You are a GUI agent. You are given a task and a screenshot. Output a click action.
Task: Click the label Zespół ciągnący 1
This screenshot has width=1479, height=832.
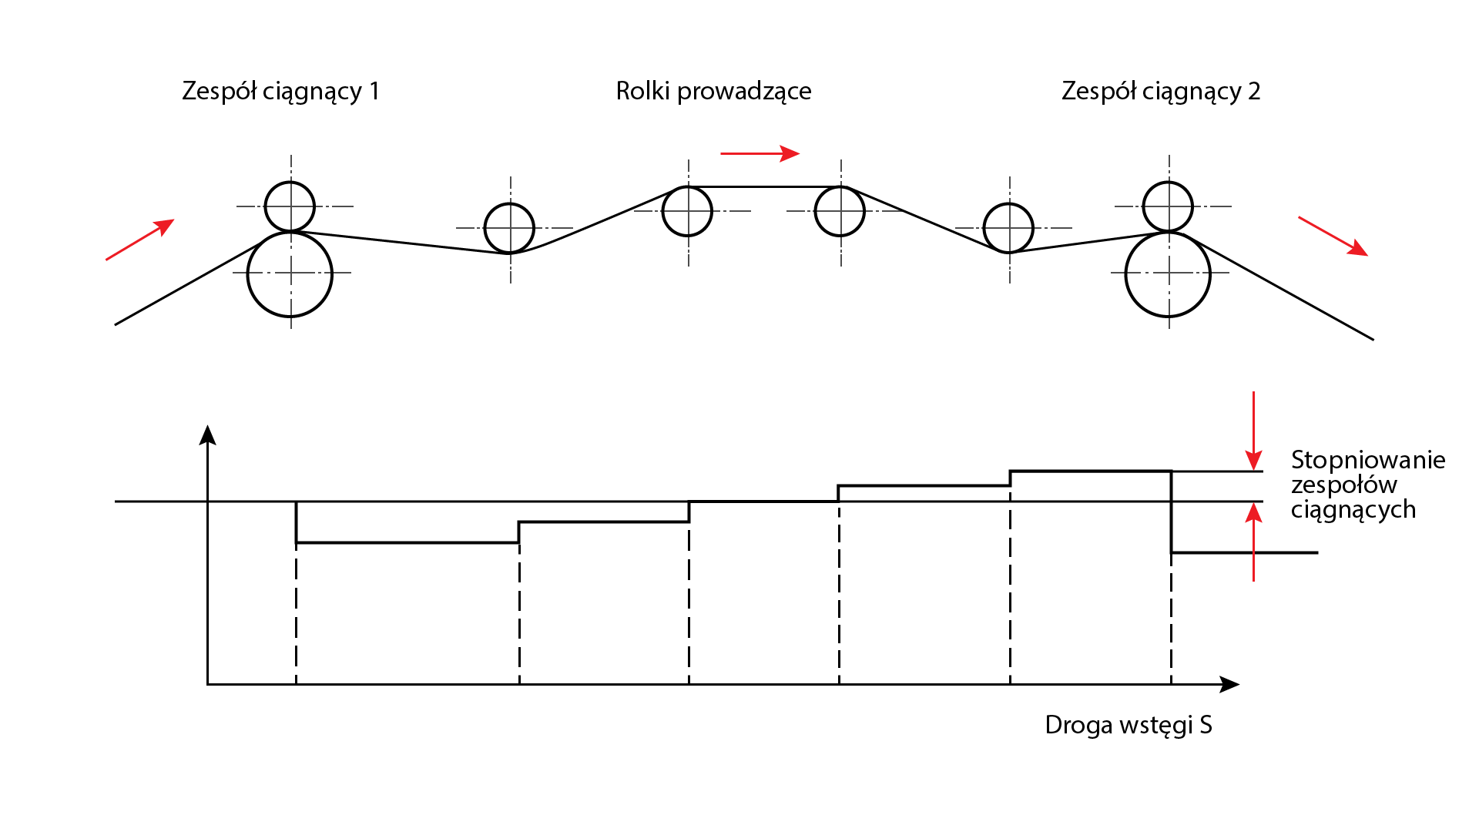280,92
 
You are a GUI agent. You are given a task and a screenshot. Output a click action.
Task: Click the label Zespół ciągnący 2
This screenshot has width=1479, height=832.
1160,92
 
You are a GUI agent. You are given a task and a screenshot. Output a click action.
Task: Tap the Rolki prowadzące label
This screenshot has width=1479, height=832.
713,92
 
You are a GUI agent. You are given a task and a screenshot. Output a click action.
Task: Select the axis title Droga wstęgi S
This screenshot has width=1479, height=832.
1128,725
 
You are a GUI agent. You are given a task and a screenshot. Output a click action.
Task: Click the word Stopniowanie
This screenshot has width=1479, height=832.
1367,460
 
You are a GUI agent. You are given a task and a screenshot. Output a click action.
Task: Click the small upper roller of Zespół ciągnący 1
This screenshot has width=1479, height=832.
290,206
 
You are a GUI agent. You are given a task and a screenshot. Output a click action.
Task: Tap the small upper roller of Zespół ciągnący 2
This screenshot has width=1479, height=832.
1168,206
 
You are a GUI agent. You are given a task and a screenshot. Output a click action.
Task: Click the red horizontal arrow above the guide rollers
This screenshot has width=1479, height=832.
760,153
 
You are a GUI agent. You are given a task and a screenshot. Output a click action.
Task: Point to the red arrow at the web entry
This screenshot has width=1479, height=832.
139,240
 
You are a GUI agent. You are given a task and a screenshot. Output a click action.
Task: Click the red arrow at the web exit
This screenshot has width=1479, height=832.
1333,236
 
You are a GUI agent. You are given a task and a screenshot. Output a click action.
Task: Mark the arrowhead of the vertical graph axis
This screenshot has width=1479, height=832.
207,435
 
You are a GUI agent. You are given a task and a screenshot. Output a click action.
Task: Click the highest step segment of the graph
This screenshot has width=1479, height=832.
1090,471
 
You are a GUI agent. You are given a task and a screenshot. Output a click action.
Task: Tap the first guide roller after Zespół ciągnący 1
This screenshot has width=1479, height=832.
509,228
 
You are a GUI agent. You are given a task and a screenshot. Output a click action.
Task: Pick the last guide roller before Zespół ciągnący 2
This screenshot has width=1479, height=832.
1008,228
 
